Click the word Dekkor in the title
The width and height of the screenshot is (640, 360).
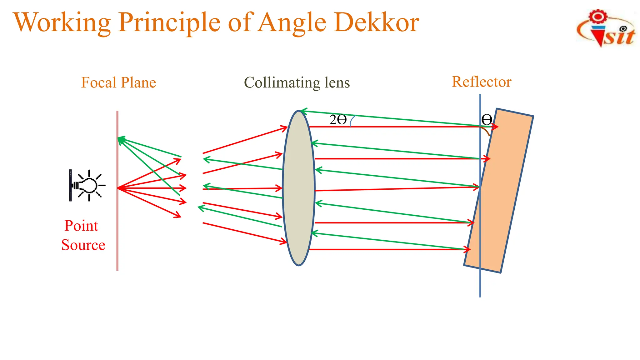coord(376,22)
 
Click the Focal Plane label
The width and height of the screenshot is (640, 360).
coord(118,83)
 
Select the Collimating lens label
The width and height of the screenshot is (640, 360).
coord(297,83)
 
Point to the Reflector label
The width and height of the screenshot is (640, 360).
coord(481,82)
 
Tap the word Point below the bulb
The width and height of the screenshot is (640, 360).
coord(81,226)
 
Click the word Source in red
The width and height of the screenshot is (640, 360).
coord(83,245)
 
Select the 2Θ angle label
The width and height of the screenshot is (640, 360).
coord(338,120)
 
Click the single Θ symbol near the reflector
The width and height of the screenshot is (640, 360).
coord(487,119)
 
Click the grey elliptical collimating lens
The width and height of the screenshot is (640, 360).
coord(298,187)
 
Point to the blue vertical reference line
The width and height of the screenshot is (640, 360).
coord(480,281)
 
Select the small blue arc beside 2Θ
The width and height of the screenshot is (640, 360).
coord(352,121)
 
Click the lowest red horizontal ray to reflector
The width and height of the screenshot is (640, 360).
coord(387,249)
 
